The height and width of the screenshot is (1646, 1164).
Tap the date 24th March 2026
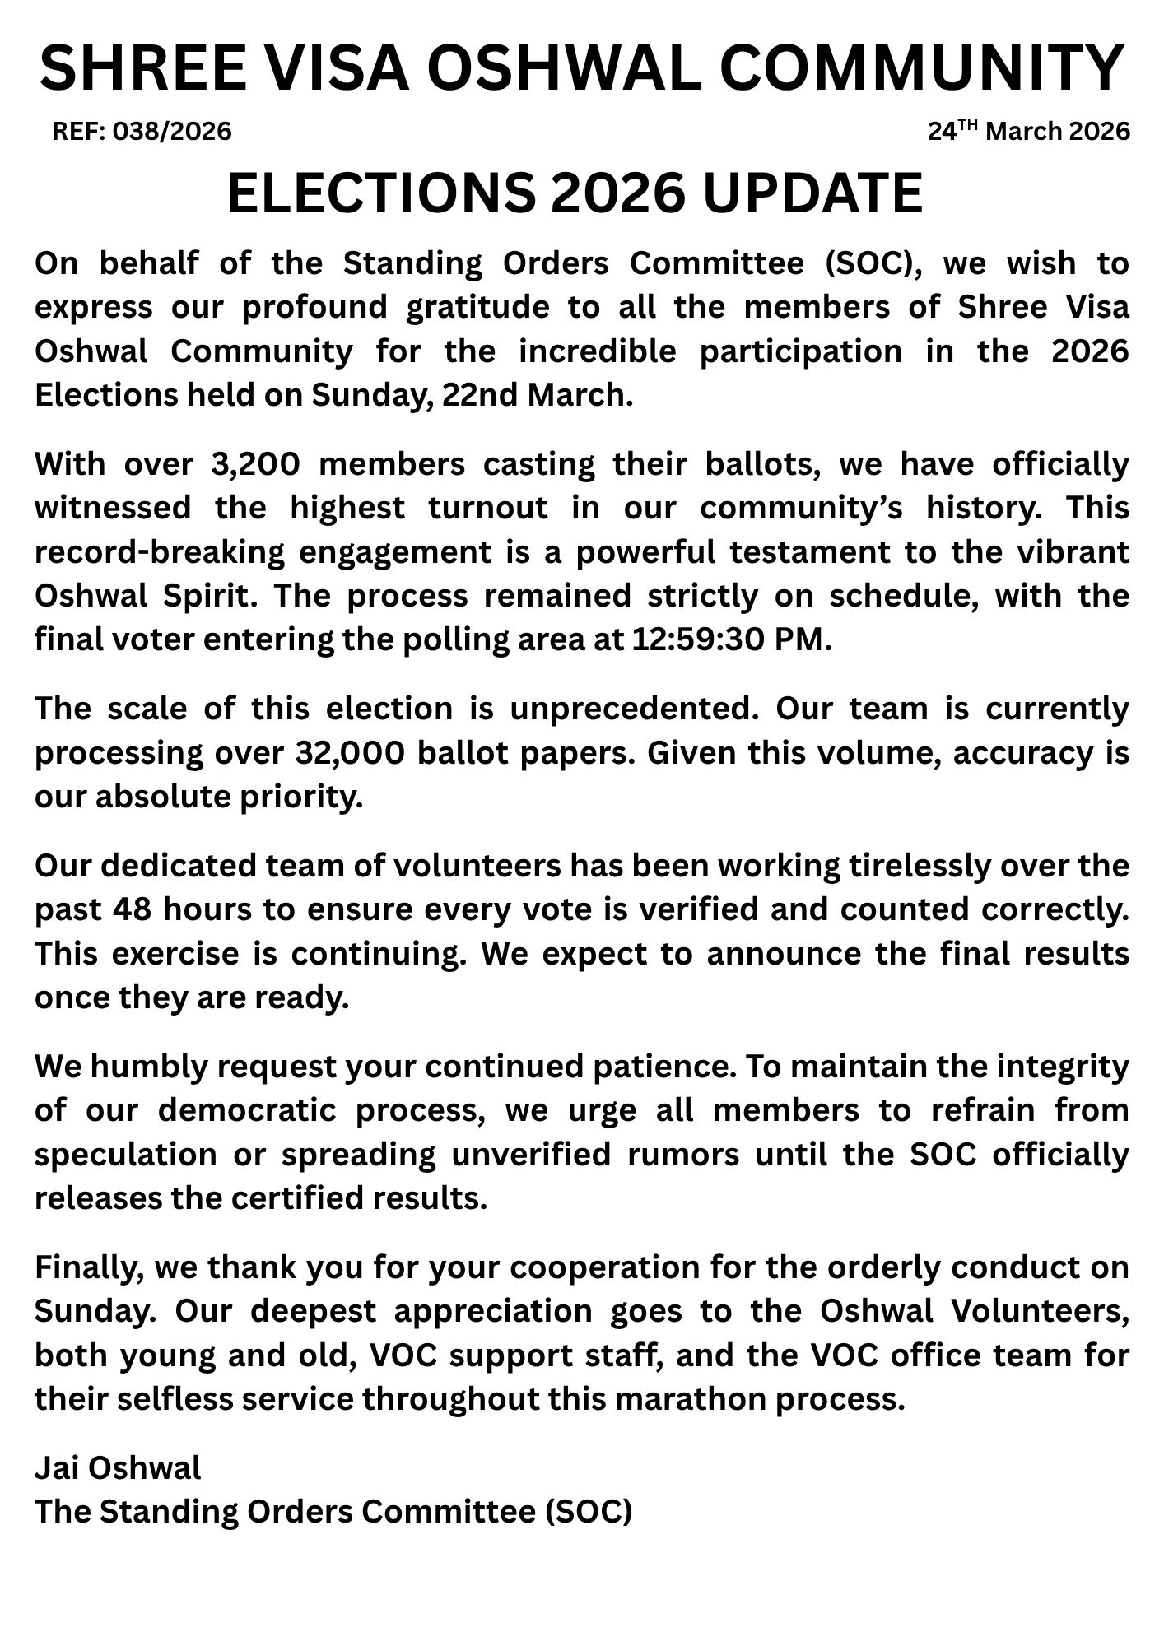(1029, 131)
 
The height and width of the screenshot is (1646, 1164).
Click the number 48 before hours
(132, 910)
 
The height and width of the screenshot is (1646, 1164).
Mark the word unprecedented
(634, 709)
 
